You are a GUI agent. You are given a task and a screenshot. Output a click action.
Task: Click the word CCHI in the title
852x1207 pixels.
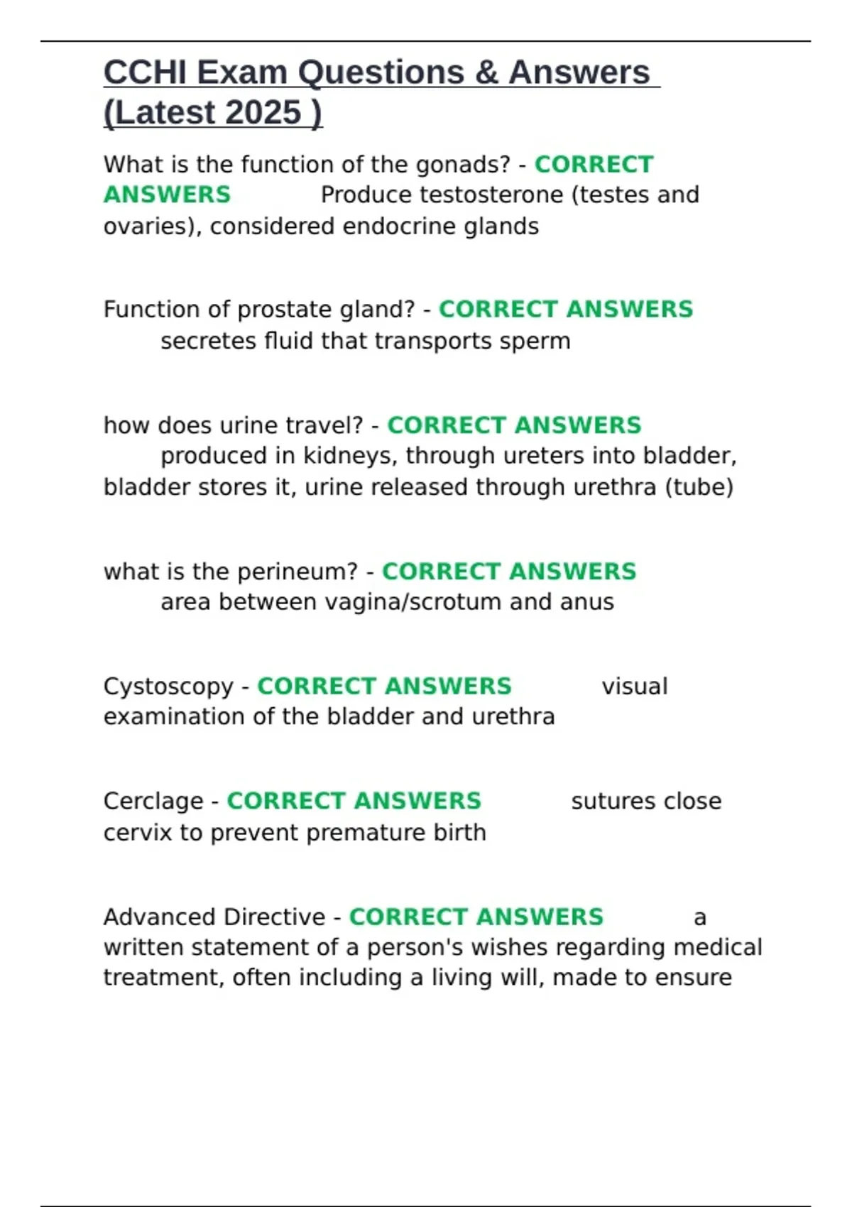click(x=144, y=72)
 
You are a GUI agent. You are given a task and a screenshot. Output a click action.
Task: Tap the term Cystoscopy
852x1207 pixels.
click(x=168, y=687)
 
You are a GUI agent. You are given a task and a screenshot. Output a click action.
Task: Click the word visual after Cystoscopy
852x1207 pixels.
click(x=634, y=687)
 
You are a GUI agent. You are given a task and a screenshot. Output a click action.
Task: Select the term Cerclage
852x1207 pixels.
click(x=153, y=801)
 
